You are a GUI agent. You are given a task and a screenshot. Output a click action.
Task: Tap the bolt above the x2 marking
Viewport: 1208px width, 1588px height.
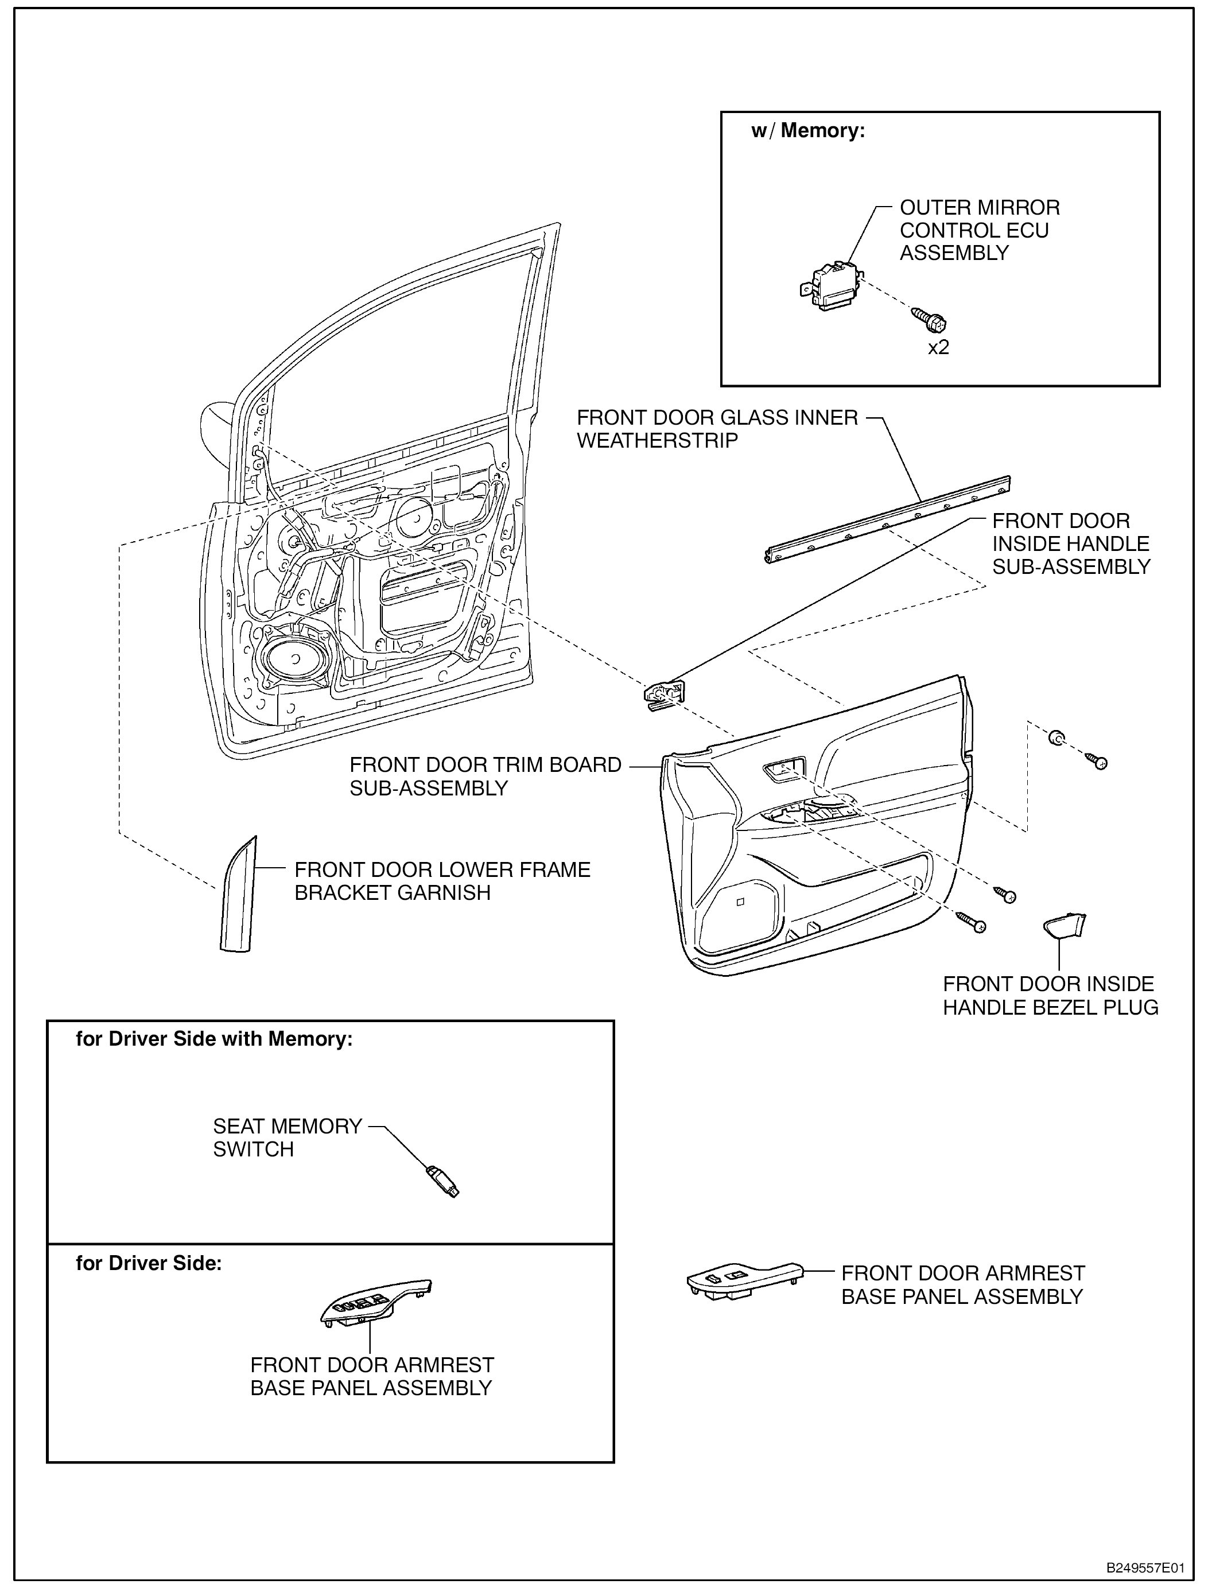pos(930,320)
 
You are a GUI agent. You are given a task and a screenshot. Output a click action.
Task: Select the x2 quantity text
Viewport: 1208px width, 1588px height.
pos(938,347)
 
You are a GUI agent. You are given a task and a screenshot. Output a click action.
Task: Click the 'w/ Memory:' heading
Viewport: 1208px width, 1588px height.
pos(807,131)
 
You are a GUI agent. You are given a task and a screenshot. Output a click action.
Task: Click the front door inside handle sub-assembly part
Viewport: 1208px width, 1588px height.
pos(665,696)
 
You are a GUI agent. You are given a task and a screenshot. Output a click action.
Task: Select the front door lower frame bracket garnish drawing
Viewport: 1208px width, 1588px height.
pos(237,896)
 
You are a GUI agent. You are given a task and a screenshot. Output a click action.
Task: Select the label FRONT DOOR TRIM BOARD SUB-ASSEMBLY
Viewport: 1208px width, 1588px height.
pos(485,776)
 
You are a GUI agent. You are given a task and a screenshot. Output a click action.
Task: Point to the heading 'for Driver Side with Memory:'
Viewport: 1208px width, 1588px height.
pos(214,1039)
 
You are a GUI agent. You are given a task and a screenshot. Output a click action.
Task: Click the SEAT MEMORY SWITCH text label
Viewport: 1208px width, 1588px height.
pos(287,1137)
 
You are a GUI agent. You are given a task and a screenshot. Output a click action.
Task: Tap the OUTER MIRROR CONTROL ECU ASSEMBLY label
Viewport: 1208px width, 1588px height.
pos(980,230)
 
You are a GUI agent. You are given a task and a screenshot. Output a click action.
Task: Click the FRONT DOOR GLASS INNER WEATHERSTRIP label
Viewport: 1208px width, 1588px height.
pos(717,429)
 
